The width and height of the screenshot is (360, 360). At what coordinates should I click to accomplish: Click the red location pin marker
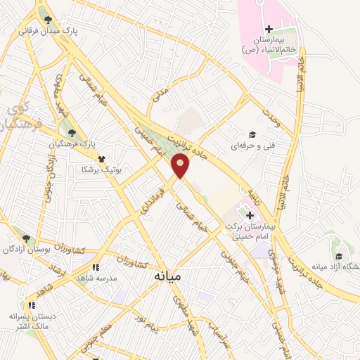pyautogui.click(x=181, y=167)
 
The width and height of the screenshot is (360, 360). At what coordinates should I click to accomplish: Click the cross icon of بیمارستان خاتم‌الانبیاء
pyautogui.click(x=269, y=28)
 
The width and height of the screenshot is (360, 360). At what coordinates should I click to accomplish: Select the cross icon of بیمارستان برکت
pyautogui.click(x=250, y=214)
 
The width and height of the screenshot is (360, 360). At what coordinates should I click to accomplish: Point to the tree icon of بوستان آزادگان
pyautogui.click(x=26, y=239)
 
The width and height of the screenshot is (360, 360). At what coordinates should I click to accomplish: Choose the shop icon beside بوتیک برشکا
pyautogui.click(x=102, y=159)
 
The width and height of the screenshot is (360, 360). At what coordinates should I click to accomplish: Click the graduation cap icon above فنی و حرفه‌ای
pyautogui.click(x=251, y=135)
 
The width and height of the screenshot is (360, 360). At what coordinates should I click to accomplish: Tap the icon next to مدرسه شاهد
pyautogui.click(x=96, y=267)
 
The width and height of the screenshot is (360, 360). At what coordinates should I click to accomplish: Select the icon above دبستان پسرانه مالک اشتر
pyautogui.click(x=30, y=305)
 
